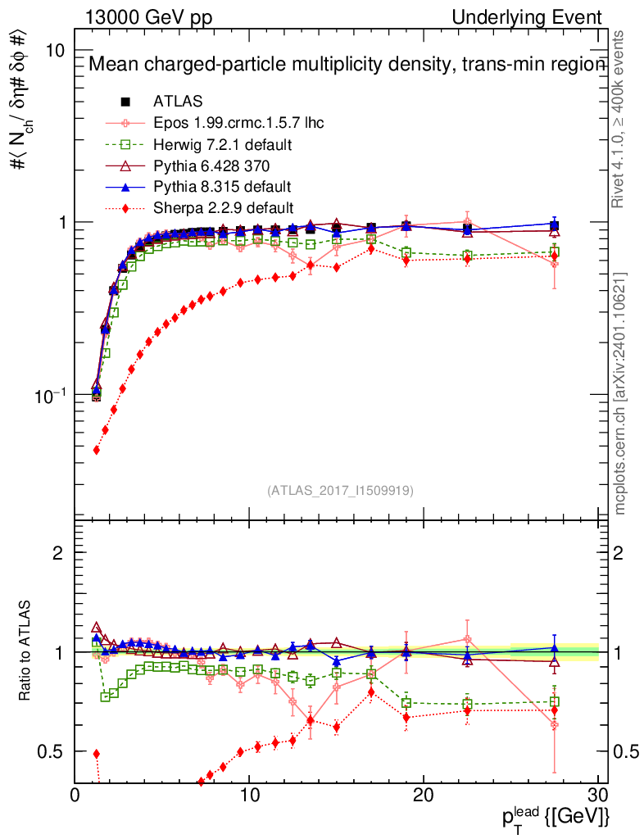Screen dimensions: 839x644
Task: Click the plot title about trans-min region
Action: [345, 66]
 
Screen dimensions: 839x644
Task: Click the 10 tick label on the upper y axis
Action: [56, 50]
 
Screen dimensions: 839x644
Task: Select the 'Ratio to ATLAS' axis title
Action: [27, 651]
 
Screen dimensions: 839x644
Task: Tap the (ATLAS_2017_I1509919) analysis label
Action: [340, 491]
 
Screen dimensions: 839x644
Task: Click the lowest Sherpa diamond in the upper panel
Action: [97, 450]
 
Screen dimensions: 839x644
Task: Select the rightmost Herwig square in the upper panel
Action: [555, 252]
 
